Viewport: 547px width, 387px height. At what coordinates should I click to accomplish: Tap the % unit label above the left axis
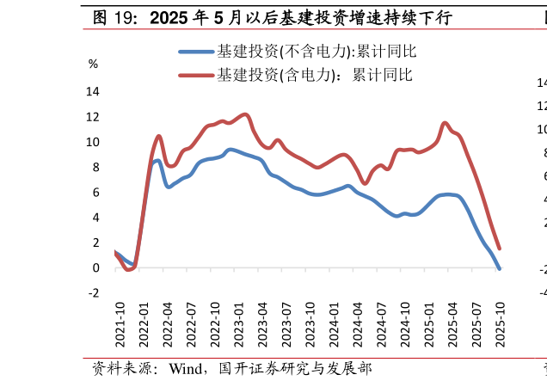pyautogui.click(x=93, y=64)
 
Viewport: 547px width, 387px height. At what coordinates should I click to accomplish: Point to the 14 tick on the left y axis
pyautogui.click(x=93, y=91)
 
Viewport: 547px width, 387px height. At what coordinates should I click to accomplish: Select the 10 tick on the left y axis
pyautogui.click(x=93, y=142)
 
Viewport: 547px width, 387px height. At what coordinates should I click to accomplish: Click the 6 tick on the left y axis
pyautogui.click(x=95, y=192)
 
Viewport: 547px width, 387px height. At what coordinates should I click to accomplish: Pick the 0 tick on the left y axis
pyautogui.click(x=95, y=267)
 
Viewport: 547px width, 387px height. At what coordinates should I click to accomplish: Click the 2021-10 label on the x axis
pyautogui.click(x=120, y=325)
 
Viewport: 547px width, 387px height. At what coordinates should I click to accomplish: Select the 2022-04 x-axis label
pyautogui.click(x=168, y=325)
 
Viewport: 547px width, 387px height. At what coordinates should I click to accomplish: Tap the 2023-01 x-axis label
pyautogui.click(x=239, y=325)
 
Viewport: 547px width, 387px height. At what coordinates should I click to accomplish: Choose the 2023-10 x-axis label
pyautogui.click(x=310, y=325)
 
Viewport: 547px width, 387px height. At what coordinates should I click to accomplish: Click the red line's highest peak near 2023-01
pyautogui.click(x=245, y=114)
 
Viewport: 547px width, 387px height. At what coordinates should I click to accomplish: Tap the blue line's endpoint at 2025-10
pyautogui.click(x=500, y=269)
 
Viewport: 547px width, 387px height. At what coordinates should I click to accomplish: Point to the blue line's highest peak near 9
pyautogui.click(x=230, y=150)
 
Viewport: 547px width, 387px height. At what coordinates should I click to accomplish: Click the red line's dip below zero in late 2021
pyautogui.click(x=128, y=270)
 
